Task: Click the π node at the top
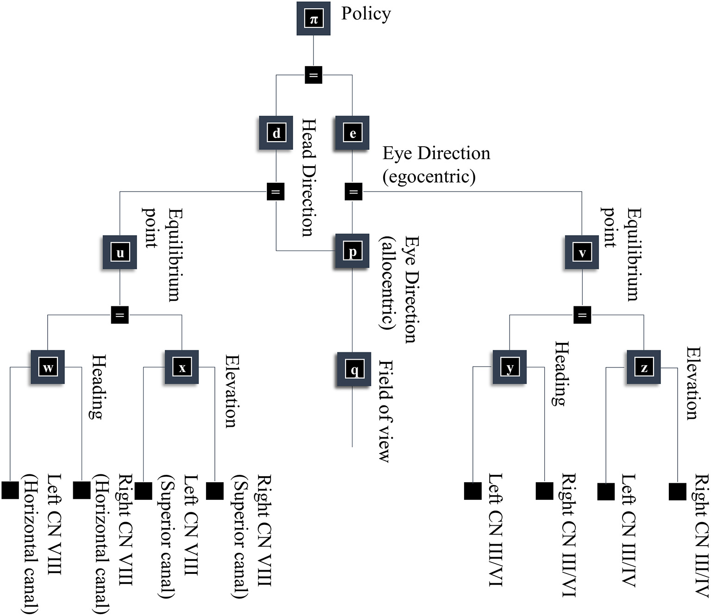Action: pos(314,19)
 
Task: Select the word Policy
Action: pos(366,13)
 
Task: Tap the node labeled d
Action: pos(276,133)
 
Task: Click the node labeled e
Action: pos(352,133)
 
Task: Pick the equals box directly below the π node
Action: pos(314,75)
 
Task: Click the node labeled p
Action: pos(352,251)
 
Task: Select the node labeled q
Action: pos(354,369)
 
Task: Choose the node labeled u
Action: pos(120,253)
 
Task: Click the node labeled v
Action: pos(582,253)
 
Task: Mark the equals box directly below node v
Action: pos(582,315)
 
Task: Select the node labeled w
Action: pos(48,367)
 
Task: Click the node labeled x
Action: pos(182,367)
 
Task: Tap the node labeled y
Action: pos(510,367)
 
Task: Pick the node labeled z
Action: pos(643,367)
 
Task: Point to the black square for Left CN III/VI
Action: pos(472,491)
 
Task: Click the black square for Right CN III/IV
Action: pos(677,491)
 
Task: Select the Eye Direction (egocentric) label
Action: pos(435,164)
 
